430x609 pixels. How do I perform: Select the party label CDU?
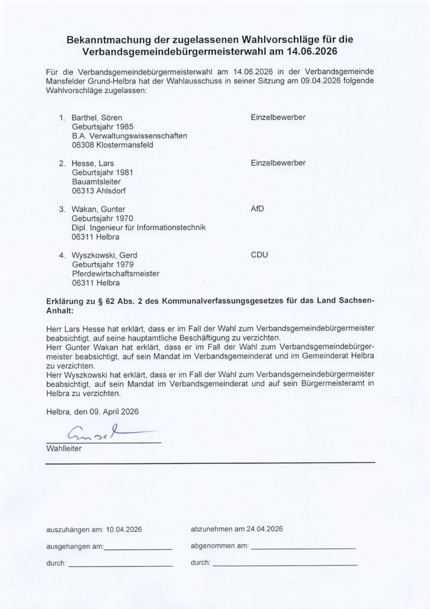(x=259, y=255)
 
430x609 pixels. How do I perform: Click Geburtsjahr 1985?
(x=103, y=127)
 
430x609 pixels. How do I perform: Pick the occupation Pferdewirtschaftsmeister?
(x=116, y=274)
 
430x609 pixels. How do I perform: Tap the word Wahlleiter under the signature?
(x=64, y=449)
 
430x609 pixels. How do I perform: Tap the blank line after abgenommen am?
(x=303, y=548)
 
